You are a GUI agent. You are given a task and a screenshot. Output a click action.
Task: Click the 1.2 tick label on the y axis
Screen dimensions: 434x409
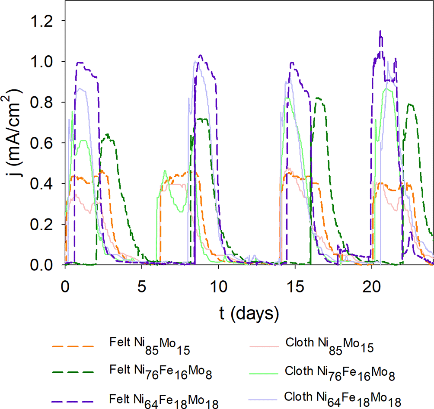(x=41, y=21)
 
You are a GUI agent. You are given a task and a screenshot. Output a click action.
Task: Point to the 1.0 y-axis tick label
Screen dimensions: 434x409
(x=41, y=62)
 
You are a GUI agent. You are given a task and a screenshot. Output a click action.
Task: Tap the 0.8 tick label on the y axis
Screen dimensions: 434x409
(x=41, y=102)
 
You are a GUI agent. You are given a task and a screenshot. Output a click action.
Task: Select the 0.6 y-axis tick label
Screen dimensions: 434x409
(x=41, y=143)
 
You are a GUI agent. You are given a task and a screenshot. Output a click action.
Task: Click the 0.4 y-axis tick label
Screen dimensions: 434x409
(x=41, y=184)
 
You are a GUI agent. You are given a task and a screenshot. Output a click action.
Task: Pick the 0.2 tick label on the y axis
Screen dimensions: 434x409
(x=41, y=224)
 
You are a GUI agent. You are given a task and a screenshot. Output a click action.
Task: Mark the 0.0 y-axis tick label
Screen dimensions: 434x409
(x=41, y=265)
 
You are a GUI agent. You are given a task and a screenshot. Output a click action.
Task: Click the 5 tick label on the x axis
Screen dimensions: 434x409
(x=142, y=286)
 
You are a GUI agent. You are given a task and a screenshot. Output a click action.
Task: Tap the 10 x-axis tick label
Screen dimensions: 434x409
(x=219, y=286)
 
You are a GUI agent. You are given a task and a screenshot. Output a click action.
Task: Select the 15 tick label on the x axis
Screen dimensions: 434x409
(x=295, y=286)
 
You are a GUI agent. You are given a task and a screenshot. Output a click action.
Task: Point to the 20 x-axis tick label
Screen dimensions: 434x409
(x=372, y=286)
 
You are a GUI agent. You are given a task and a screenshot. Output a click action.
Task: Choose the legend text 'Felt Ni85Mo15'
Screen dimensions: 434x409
(x=150, y=346)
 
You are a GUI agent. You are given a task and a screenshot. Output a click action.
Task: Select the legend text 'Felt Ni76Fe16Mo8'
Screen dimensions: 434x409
(x=161, y=372)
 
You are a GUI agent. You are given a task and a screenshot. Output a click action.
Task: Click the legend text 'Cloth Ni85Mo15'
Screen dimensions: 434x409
(x=330, y=346)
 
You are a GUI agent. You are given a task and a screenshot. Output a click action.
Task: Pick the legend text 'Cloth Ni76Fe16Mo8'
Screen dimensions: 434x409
(x=340, y=373)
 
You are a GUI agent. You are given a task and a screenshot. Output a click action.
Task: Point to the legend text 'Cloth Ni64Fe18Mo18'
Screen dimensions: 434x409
(x=343, y=400)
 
